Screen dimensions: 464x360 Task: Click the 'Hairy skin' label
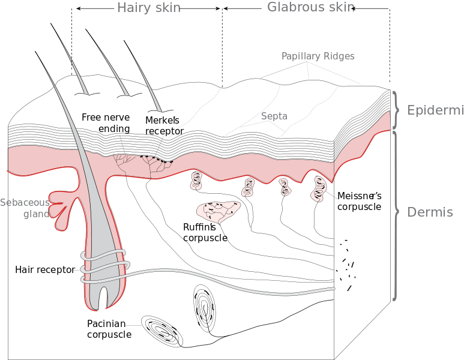pos(149,8)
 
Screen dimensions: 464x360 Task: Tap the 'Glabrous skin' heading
pos(311,7)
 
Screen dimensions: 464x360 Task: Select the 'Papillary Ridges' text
pos(318,56)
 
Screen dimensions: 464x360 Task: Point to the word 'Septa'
pos(274,116)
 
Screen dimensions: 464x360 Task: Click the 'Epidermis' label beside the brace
pos(435,110)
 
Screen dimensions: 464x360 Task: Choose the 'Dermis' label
pos(430,212)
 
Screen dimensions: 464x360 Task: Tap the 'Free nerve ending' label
pos(106,123)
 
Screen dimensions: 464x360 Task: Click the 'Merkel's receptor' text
pos(164,126)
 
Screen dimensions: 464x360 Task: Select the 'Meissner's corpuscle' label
pos(359,201)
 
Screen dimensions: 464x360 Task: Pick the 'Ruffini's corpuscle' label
pos(205,233)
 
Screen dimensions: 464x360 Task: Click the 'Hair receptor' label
pos(45,270)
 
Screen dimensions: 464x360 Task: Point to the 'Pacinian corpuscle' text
pos(109,329)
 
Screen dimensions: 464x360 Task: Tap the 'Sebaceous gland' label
pos(25,208)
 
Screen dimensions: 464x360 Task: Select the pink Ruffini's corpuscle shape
pos(218,211)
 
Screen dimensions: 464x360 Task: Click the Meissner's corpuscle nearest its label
pos(318,189)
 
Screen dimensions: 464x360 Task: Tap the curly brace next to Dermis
pos(396,215)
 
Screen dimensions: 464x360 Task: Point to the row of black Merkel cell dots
pos(156,159)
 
